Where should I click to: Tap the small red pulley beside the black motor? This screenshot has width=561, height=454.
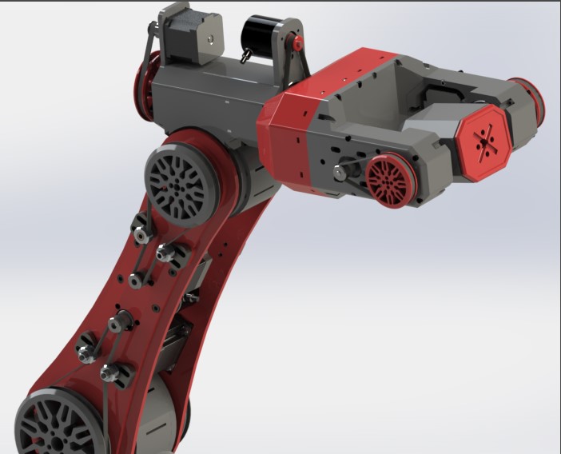[297, 43]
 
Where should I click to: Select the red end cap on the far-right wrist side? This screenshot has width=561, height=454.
[531, 98]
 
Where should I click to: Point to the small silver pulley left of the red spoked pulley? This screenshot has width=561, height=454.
[341, 171]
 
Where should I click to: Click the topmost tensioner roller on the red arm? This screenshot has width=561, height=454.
[141, 233]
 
